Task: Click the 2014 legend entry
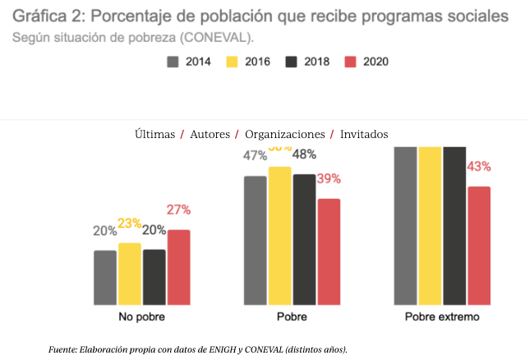(x=188, y=62)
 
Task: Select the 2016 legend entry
(x=247, y=62)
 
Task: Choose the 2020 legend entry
(x=366, y=62)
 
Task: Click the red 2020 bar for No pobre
(x=178, y=266)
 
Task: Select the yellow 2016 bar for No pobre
(x=129, y=273)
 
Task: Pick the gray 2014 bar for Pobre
(x=255, y=239)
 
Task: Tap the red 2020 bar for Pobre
(x=329, y=251)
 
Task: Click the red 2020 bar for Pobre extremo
(x=479, y=245)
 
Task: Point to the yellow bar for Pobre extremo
(x=430, y=225)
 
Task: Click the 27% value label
(x=178, y=210)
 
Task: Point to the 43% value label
(x=479, y=167)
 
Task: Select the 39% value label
(x=329, y=179)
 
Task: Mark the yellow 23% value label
(x=129, y=223)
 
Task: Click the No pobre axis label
(x=141, y=317)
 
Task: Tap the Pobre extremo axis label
(x=441, y=317)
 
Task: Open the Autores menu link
(x=210, y=134)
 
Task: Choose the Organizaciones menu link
(x=285, y=134)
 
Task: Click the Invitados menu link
(x=364, y=134)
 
